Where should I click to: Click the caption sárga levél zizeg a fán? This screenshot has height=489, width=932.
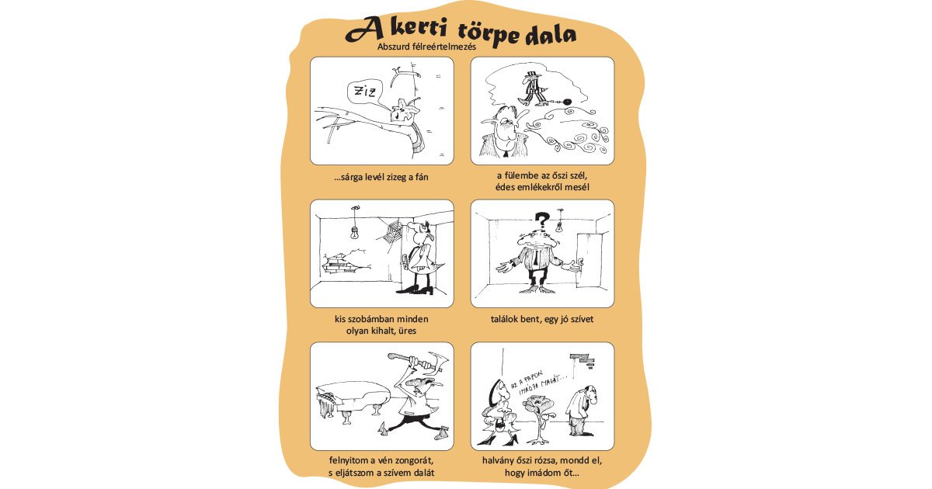click(381, 177)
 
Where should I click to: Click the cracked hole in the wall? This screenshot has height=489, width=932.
click(342, 262)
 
